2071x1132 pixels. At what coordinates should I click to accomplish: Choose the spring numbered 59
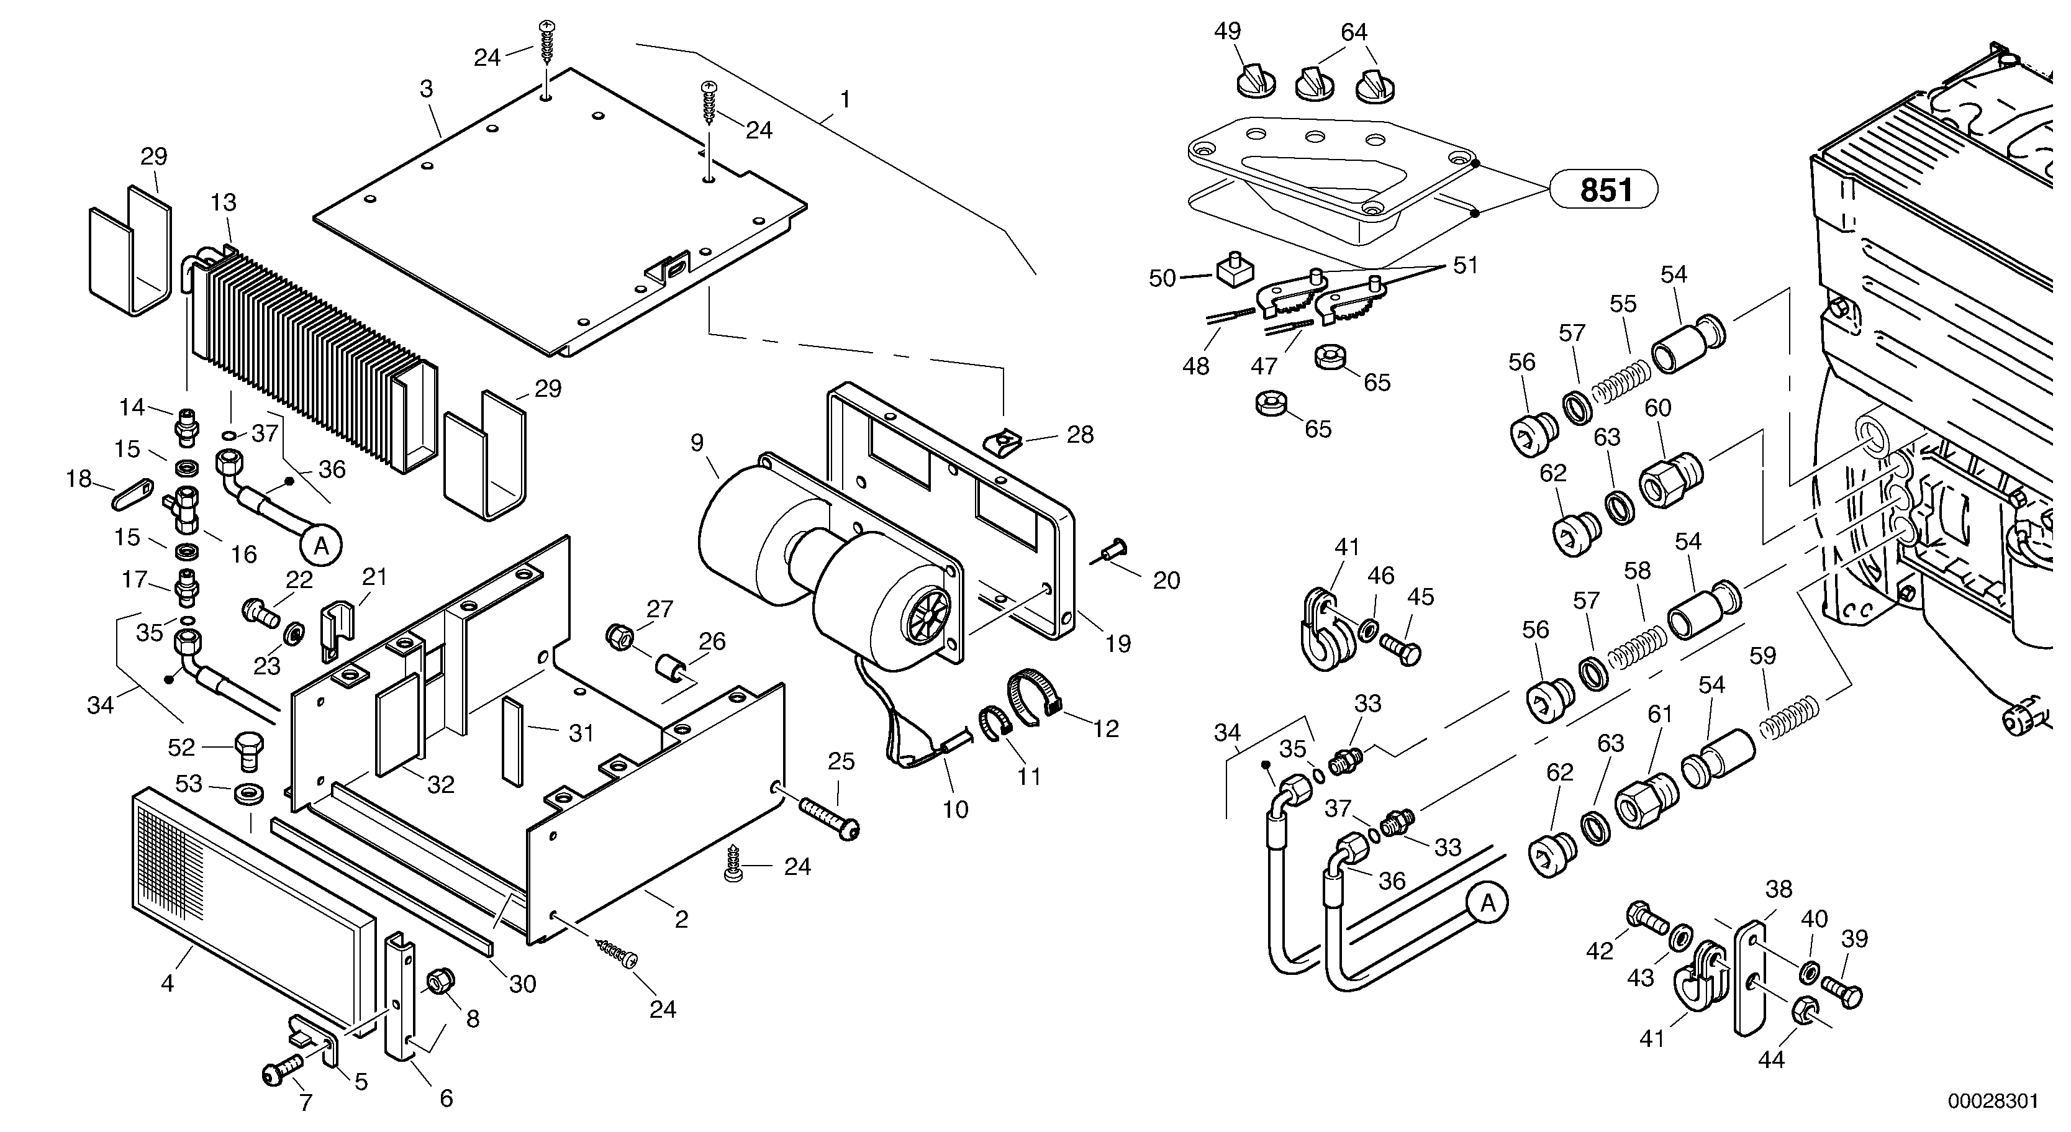coord(1788,717)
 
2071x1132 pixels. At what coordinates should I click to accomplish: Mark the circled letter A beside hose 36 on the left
coord(322,546)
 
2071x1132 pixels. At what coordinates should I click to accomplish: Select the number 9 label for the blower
coord(696,442)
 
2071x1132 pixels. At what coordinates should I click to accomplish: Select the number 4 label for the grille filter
coord(167,982)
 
